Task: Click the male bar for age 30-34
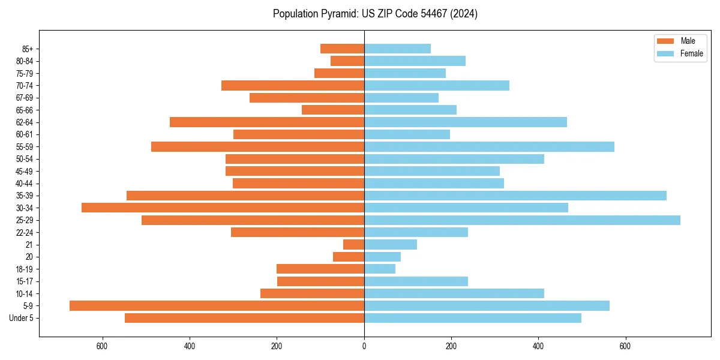[223, 208]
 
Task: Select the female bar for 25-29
[522, 220]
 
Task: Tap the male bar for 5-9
[217, 305]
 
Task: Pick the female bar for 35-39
[515, 196]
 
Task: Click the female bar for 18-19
[380, 269]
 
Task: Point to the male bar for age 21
[353, 244]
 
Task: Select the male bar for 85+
[342, 49]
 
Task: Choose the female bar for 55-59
[489, 146]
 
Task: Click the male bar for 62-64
[267, 122]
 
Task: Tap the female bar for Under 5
[472, 318]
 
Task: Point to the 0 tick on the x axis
[364, 347]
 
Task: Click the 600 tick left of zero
[102, 347]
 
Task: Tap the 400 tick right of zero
[538, 347]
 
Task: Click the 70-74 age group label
[24, 85]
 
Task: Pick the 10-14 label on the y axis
[24, 293]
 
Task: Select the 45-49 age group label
[24, 171]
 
